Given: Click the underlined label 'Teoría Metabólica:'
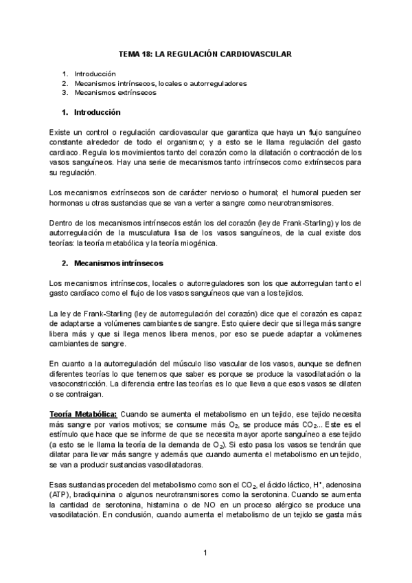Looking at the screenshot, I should point(83,415).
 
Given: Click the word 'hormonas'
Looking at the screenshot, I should point(67,203).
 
